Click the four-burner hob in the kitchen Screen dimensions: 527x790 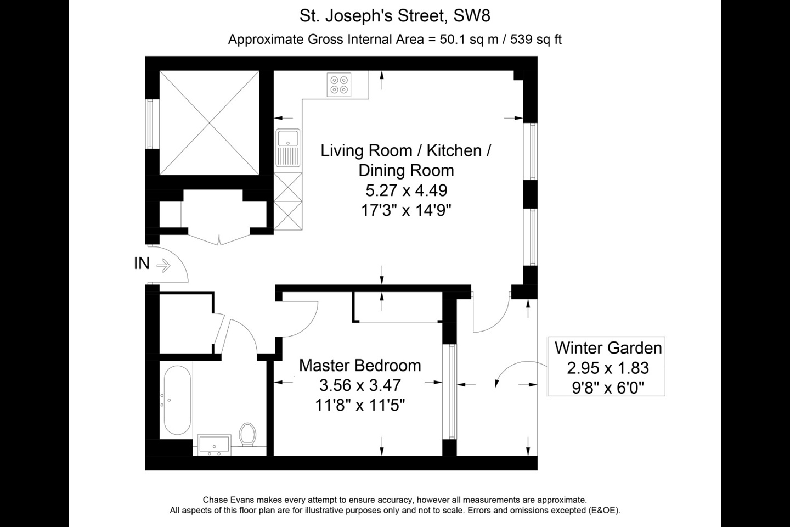click(x=338, y=85)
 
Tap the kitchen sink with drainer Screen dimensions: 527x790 click(x=288, y=147)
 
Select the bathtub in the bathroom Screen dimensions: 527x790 click(x=177, y=400)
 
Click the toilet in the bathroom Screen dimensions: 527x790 click(x=247, y=434)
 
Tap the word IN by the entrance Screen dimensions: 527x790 click(x=142, y=263)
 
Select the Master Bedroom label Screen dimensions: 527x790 click(x=360, y=366)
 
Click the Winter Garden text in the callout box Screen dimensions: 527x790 click(x=608, y=347)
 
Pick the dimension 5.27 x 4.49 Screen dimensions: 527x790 click(x=406, y=190)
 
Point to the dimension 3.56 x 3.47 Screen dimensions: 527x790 click(x=360, y=385)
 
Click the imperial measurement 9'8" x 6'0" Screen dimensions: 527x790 click(x=608, y=388)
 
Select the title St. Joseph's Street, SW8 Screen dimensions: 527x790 click(x=394, y=16)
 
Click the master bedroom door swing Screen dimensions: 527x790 click(x=299, y=318)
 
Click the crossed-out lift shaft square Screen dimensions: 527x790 click(x=209, y=122)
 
